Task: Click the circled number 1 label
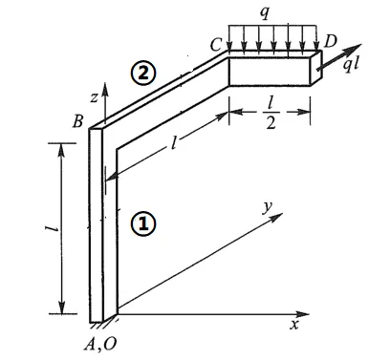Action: (x=143, y=223)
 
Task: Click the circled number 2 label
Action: (x=143, y=74)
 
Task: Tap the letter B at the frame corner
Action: (x=78, y=121)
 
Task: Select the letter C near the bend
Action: (x=216, y=45)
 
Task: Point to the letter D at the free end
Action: (x=330, y=41)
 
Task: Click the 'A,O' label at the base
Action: (x=100, y=345)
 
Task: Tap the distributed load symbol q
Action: (x=265, y=12)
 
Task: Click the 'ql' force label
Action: (x=351, y=64)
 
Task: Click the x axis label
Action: (x=293, y=325)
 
